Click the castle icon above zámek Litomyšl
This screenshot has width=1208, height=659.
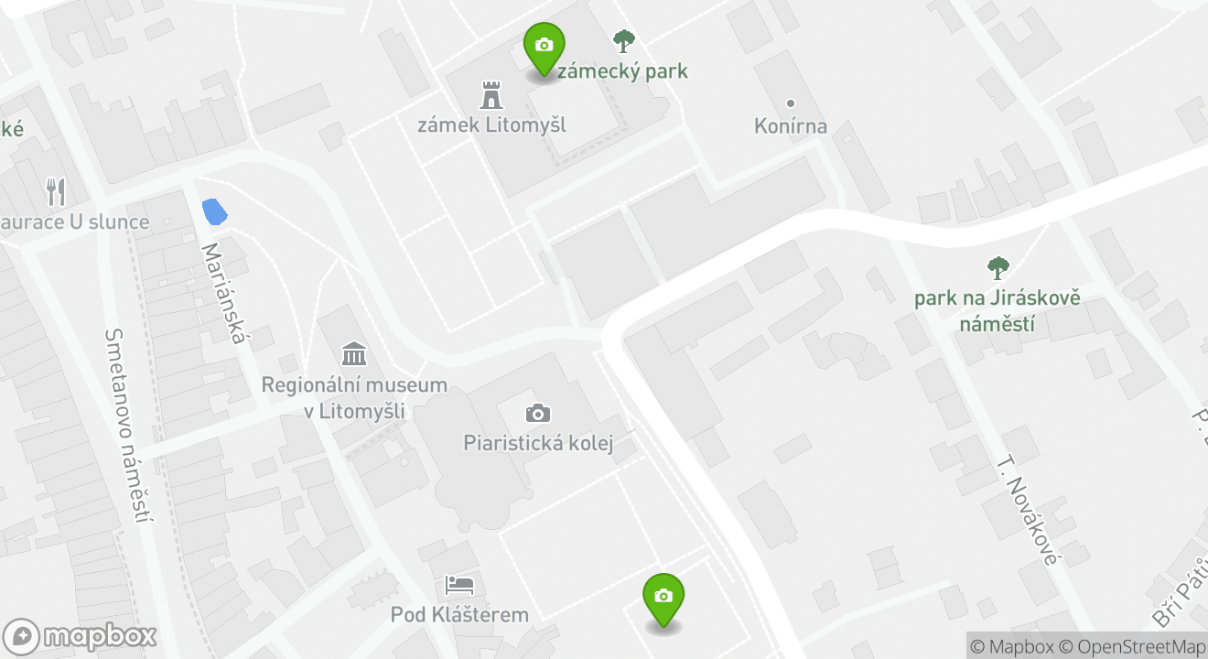[492, 94]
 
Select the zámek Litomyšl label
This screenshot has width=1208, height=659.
[491, 124]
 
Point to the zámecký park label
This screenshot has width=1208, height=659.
[622, 71]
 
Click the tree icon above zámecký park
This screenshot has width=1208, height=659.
[624, 40]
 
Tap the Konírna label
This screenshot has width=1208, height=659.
[791, 126]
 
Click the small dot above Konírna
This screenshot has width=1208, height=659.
[791, 103]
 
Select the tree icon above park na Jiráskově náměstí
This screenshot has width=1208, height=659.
[998, 268]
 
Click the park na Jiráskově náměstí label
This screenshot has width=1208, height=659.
[998, 311]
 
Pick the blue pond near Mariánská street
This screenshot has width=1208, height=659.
[214, 211]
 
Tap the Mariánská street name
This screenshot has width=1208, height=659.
[225, 293]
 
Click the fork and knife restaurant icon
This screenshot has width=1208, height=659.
[57, 192]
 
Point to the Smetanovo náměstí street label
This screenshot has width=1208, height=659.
[127, 427]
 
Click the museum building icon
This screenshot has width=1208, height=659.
[354, 353]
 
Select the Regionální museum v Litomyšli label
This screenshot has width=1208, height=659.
[354, 397]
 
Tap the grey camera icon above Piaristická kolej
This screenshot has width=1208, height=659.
[538, 414]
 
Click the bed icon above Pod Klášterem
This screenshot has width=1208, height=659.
[459, 584]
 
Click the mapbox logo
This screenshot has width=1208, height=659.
[81, 636]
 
